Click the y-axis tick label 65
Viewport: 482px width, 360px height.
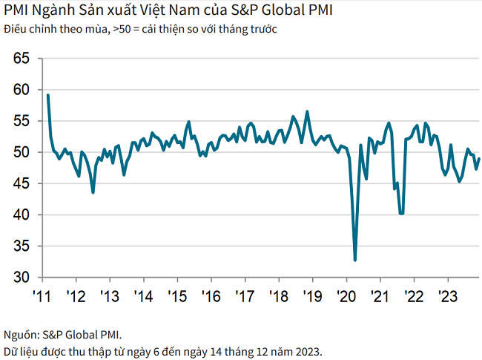(22, 58)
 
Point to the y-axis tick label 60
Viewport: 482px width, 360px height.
(22, 90)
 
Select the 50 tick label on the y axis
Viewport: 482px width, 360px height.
(22, 152)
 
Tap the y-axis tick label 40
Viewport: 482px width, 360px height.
(22, 215)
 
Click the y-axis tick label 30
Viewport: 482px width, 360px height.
(22, 278)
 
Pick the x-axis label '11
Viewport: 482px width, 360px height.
(42, 296)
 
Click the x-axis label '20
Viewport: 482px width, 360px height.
(347, 296)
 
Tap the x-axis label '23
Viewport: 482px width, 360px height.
(448, 296)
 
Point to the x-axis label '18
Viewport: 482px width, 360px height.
(279, 296)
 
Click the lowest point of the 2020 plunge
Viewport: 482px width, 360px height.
(355, 261)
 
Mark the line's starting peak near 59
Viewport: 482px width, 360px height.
(47, 95)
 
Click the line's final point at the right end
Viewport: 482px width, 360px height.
(479, 158)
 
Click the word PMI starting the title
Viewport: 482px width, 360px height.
(16, 12)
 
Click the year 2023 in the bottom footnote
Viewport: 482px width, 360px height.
(306, 350)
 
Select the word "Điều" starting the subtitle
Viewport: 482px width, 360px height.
(15, 29)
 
